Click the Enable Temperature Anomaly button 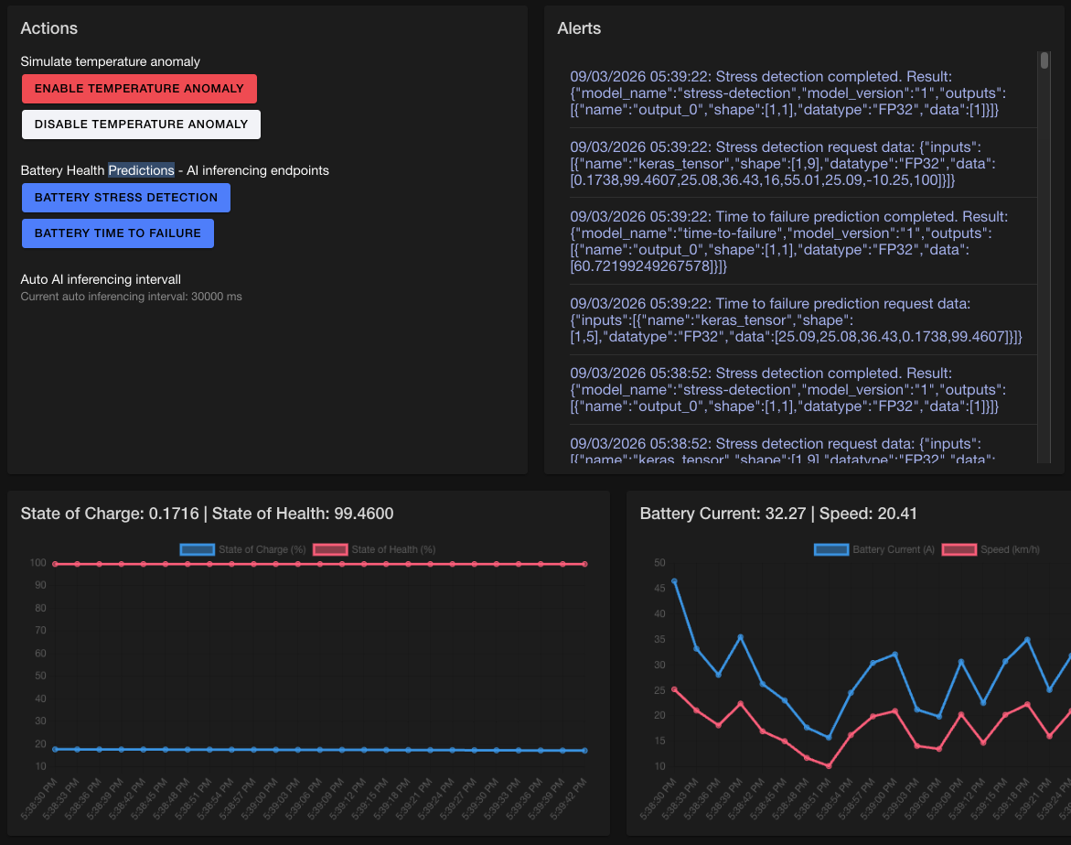[x=139, y=89]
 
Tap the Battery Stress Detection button [x=126, y=198]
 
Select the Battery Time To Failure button [x=118, y=233]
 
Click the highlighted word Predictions [x=141, y=170]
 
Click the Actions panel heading [x=49, y=28]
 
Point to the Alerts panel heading [x=579, y=28]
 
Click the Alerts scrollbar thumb [x=1044, y=61]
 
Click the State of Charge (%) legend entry [x=244, y=549]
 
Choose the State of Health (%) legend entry [x=375, y=549]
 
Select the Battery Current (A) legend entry [x=875, y=549]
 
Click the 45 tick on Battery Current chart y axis [x=659, y=588]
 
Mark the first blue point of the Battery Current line [x=674, y=581]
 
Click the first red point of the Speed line [x=674, y=689]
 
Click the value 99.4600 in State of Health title [x=363, y=515]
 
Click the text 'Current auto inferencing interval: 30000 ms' [x=131, y=297]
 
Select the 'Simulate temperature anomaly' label [x=110, y=61]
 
